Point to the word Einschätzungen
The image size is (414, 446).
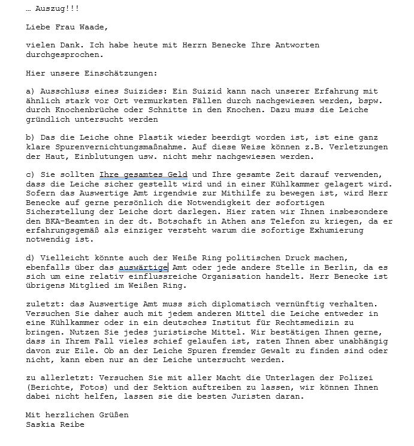coord(122,73)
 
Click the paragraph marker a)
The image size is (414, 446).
coord(31,91)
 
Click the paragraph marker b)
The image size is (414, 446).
coord(31,137)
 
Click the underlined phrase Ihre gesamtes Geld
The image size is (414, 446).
coord(143,174)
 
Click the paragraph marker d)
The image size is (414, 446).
coord(31,258)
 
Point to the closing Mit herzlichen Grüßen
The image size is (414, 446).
coord(77,415)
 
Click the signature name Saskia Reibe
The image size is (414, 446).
coord(55,424)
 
